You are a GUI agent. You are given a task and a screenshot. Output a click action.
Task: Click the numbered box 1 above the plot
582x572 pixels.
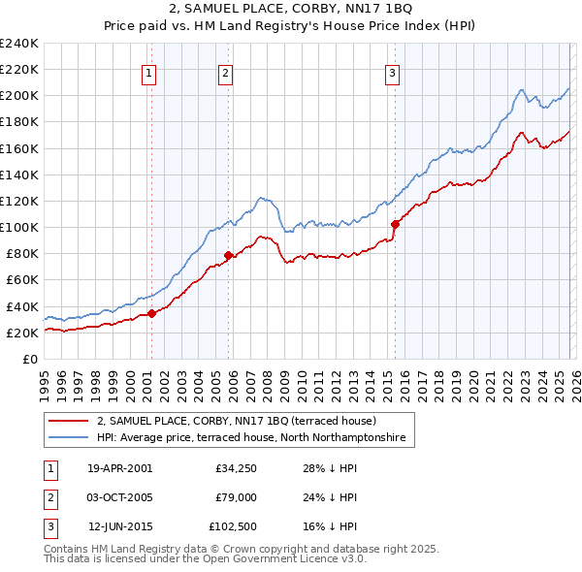tap(149, 72)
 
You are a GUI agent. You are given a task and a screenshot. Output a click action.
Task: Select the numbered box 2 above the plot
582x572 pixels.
tap(225, 72)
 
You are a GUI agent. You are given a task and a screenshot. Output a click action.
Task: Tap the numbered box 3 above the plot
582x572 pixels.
tap(392, 72)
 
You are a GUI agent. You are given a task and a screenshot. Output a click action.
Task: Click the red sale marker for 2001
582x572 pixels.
tap(151, 313)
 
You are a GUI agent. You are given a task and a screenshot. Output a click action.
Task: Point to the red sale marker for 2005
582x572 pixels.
tap(228, 255)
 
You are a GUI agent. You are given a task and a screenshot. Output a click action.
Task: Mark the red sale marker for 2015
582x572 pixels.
tap(395, 224)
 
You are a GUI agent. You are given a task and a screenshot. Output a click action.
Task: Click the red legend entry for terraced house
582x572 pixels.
tap(242, 422)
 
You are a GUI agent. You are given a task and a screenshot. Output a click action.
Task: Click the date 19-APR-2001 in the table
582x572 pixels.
tap(119, 468)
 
